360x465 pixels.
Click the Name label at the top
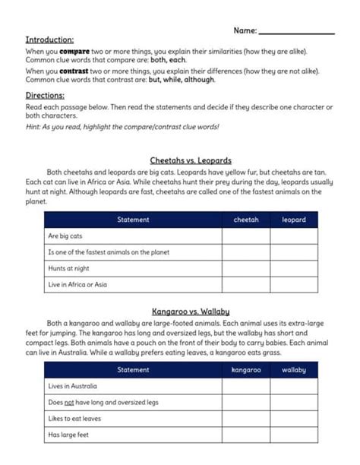click(245, 30)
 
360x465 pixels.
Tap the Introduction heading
click(49, 40)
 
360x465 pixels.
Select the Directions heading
click(45, 96)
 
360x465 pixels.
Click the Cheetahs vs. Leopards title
click(181, 160)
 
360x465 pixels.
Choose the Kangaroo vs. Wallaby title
click(181, 311)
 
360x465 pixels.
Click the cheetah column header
click(246, 220)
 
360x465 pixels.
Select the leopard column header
click(294, 220)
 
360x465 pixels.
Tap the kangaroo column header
click(246, 370)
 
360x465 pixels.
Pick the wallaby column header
click(294, 370)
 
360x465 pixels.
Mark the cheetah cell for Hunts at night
click(246, 268)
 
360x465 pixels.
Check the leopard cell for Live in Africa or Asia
click(294, 284)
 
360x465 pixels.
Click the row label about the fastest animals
click(108, 252)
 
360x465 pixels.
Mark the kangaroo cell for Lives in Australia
click(246, 386)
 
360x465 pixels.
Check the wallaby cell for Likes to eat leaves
click(294, 419)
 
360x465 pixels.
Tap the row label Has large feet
click(68, 435)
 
